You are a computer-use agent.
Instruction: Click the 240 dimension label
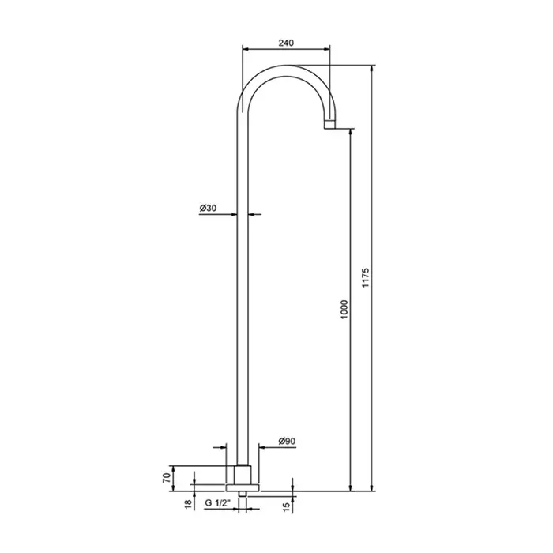(286, 43)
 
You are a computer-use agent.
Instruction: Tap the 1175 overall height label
(365, 277)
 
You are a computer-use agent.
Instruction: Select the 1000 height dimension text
(344, 310)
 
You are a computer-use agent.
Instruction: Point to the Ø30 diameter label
(208, 209)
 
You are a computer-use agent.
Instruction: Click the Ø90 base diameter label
(287, 441)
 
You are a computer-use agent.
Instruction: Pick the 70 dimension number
(167, 478)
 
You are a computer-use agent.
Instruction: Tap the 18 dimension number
(189, 504)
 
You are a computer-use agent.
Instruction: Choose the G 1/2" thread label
(217, 503)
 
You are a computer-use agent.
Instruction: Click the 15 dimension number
(286, 506)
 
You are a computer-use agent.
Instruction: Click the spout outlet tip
(329, 125)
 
